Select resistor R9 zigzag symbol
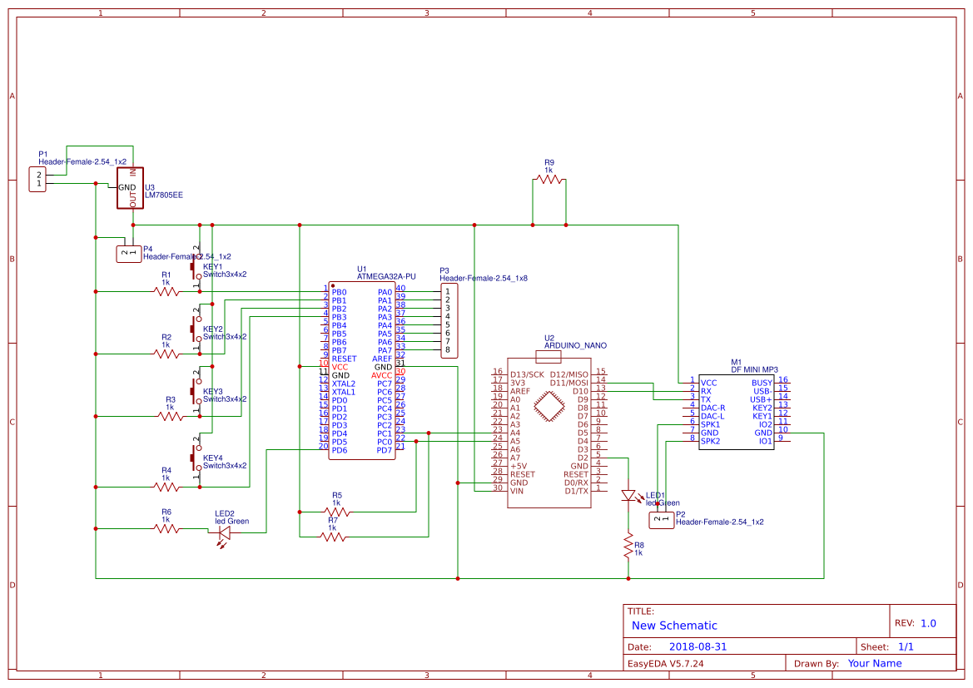coord(549,179)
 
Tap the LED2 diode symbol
coord(223,532)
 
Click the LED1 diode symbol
coord(628,496)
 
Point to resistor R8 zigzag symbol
coord(628,547)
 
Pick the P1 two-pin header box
coord(37,179)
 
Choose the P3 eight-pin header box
coord(449,320)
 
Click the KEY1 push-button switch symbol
coord(196,268)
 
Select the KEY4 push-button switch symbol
coord(196,457)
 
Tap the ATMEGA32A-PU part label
coord(385,276)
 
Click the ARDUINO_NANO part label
coord(575,345)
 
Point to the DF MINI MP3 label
coord(754,369)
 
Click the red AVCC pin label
coord(381,375)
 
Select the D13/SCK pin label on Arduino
coord(527,374)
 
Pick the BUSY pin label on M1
coord(762,383)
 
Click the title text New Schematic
coord(674,626)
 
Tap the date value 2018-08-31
coord(697,646)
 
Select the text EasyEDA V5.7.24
coord(665,663)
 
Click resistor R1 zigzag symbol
coord(166,291)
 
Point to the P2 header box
coord(661,520)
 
